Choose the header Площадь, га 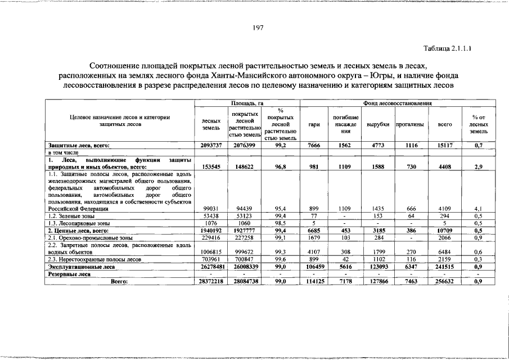click(x=247, y=103)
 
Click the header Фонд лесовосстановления click(x=397, y=103)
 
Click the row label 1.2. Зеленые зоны click(x=71, y=216)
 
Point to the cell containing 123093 click(x=378, y=267)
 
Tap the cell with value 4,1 click(x=478, y=209)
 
